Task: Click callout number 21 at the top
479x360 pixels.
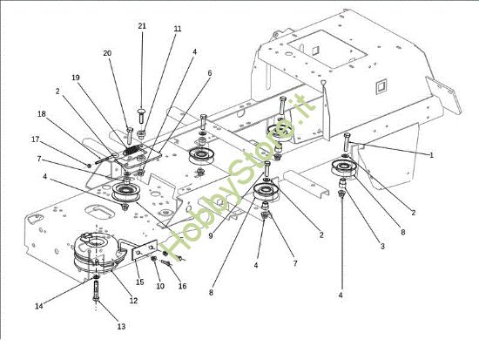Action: pos(142,26)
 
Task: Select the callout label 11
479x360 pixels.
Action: pos(178,29)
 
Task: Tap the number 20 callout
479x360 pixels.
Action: pos(108,53)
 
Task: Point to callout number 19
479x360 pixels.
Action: pos(76,78)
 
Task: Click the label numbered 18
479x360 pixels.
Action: pos(42,113)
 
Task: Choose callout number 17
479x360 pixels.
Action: pos(36,139)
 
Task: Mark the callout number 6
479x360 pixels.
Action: pos(209,73)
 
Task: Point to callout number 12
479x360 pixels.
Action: pos(133,301)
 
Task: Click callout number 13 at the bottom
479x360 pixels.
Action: pos(121,326)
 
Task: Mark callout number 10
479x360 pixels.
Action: pos(159,286)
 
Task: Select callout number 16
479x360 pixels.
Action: pos(182,286)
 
